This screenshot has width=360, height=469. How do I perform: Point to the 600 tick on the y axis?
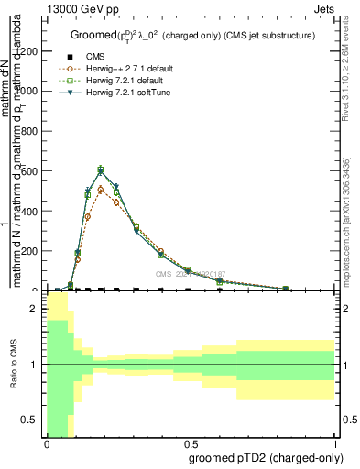click(33, 171)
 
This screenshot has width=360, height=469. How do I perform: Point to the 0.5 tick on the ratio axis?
click(33, 420)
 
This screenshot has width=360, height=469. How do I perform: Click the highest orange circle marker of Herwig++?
click(101, 190)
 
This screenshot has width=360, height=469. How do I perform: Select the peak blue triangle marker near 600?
click(101, 169)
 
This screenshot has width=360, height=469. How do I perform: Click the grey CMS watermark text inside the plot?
click(190, 274)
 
